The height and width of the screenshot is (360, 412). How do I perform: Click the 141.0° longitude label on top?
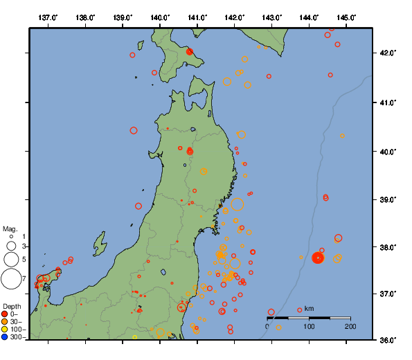pyautogui.click(x=197, y=17)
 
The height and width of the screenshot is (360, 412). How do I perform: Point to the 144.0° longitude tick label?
pyautogui.click(x=310, y=17)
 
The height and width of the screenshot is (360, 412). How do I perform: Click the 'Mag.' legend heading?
pyautogui.click(x=10, y=228)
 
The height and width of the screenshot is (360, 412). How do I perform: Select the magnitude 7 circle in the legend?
pyautogui.click(x=11, y=279)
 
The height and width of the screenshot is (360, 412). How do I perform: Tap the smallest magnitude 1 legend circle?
pyautogui.click(x=11, y=237)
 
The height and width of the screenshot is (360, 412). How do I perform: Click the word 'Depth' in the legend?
pyautogui.click(x=12, y=306)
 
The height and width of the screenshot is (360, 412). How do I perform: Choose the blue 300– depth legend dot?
pyautogui.click(x=5, y=337)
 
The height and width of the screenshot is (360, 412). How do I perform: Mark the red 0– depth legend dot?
pyautogui.click(x=5, y=314)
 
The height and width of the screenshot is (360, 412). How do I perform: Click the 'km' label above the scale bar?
pyautogui.click(x=309, y=309)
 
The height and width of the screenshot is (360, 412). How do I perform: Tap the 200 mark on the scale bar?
pyautogui.click(x=350, y=326)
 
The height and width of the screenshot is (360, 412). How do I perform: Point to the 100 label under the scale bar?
pyautogui.click(x=309, y=326)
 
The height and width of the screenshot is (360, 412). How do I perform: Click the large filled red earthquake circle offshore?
pyautogui.click(x=318, y=258)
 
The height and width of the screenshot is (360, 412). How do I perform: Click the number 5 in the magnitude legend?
pyautogui.click(x=24, y=259)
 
